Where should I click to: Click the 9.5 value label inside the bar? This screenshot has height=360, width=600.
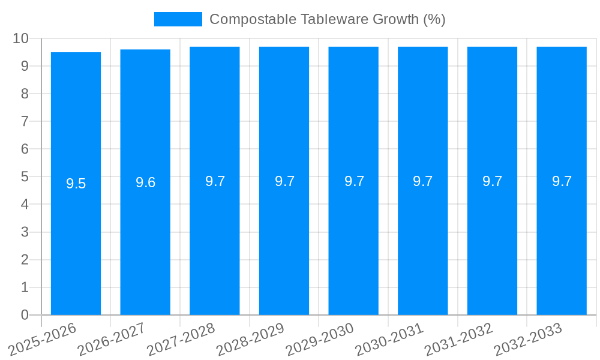[x=76, y=184]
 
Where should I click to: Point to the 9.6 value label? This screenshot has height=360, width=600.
[x=145, y=182]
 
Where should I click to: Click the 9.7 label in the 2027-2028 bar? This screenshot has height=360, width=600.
[x=215, y=181]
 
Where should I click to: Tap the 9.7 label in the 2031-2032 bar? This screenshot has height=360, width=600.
[x=492, y=181]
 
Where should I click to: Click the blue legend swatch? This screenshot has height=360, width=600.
[x=178, y=19]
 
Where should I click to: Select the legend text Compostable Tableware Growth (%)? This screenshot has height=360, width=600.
[x=327, y=19]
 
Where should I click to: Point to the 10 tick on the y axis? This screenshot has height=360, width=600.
[x=21, y=38]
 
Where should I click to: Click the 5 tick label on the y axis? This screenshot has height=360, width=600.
[x=25, y=177]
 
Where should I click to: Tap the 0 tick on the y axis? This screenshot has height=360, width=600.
[x=25, y=315]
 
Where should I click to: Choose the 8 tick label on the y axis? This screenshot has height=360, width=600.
[x=25, y=94]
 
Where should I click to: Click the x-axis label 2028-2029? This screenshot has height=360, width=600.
[x=251, y=339]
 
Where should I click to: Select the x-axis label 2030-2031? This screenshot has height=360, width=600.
[x=390, y=339]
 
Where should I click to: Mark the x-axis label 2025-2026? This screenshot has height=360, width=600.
[x=43, y=339]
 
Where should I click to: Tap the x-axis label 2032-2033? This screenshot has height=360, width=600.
[x=528, y=339]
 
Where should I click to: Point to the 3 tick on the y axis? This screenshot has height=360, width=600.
[x=25, y=232]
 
